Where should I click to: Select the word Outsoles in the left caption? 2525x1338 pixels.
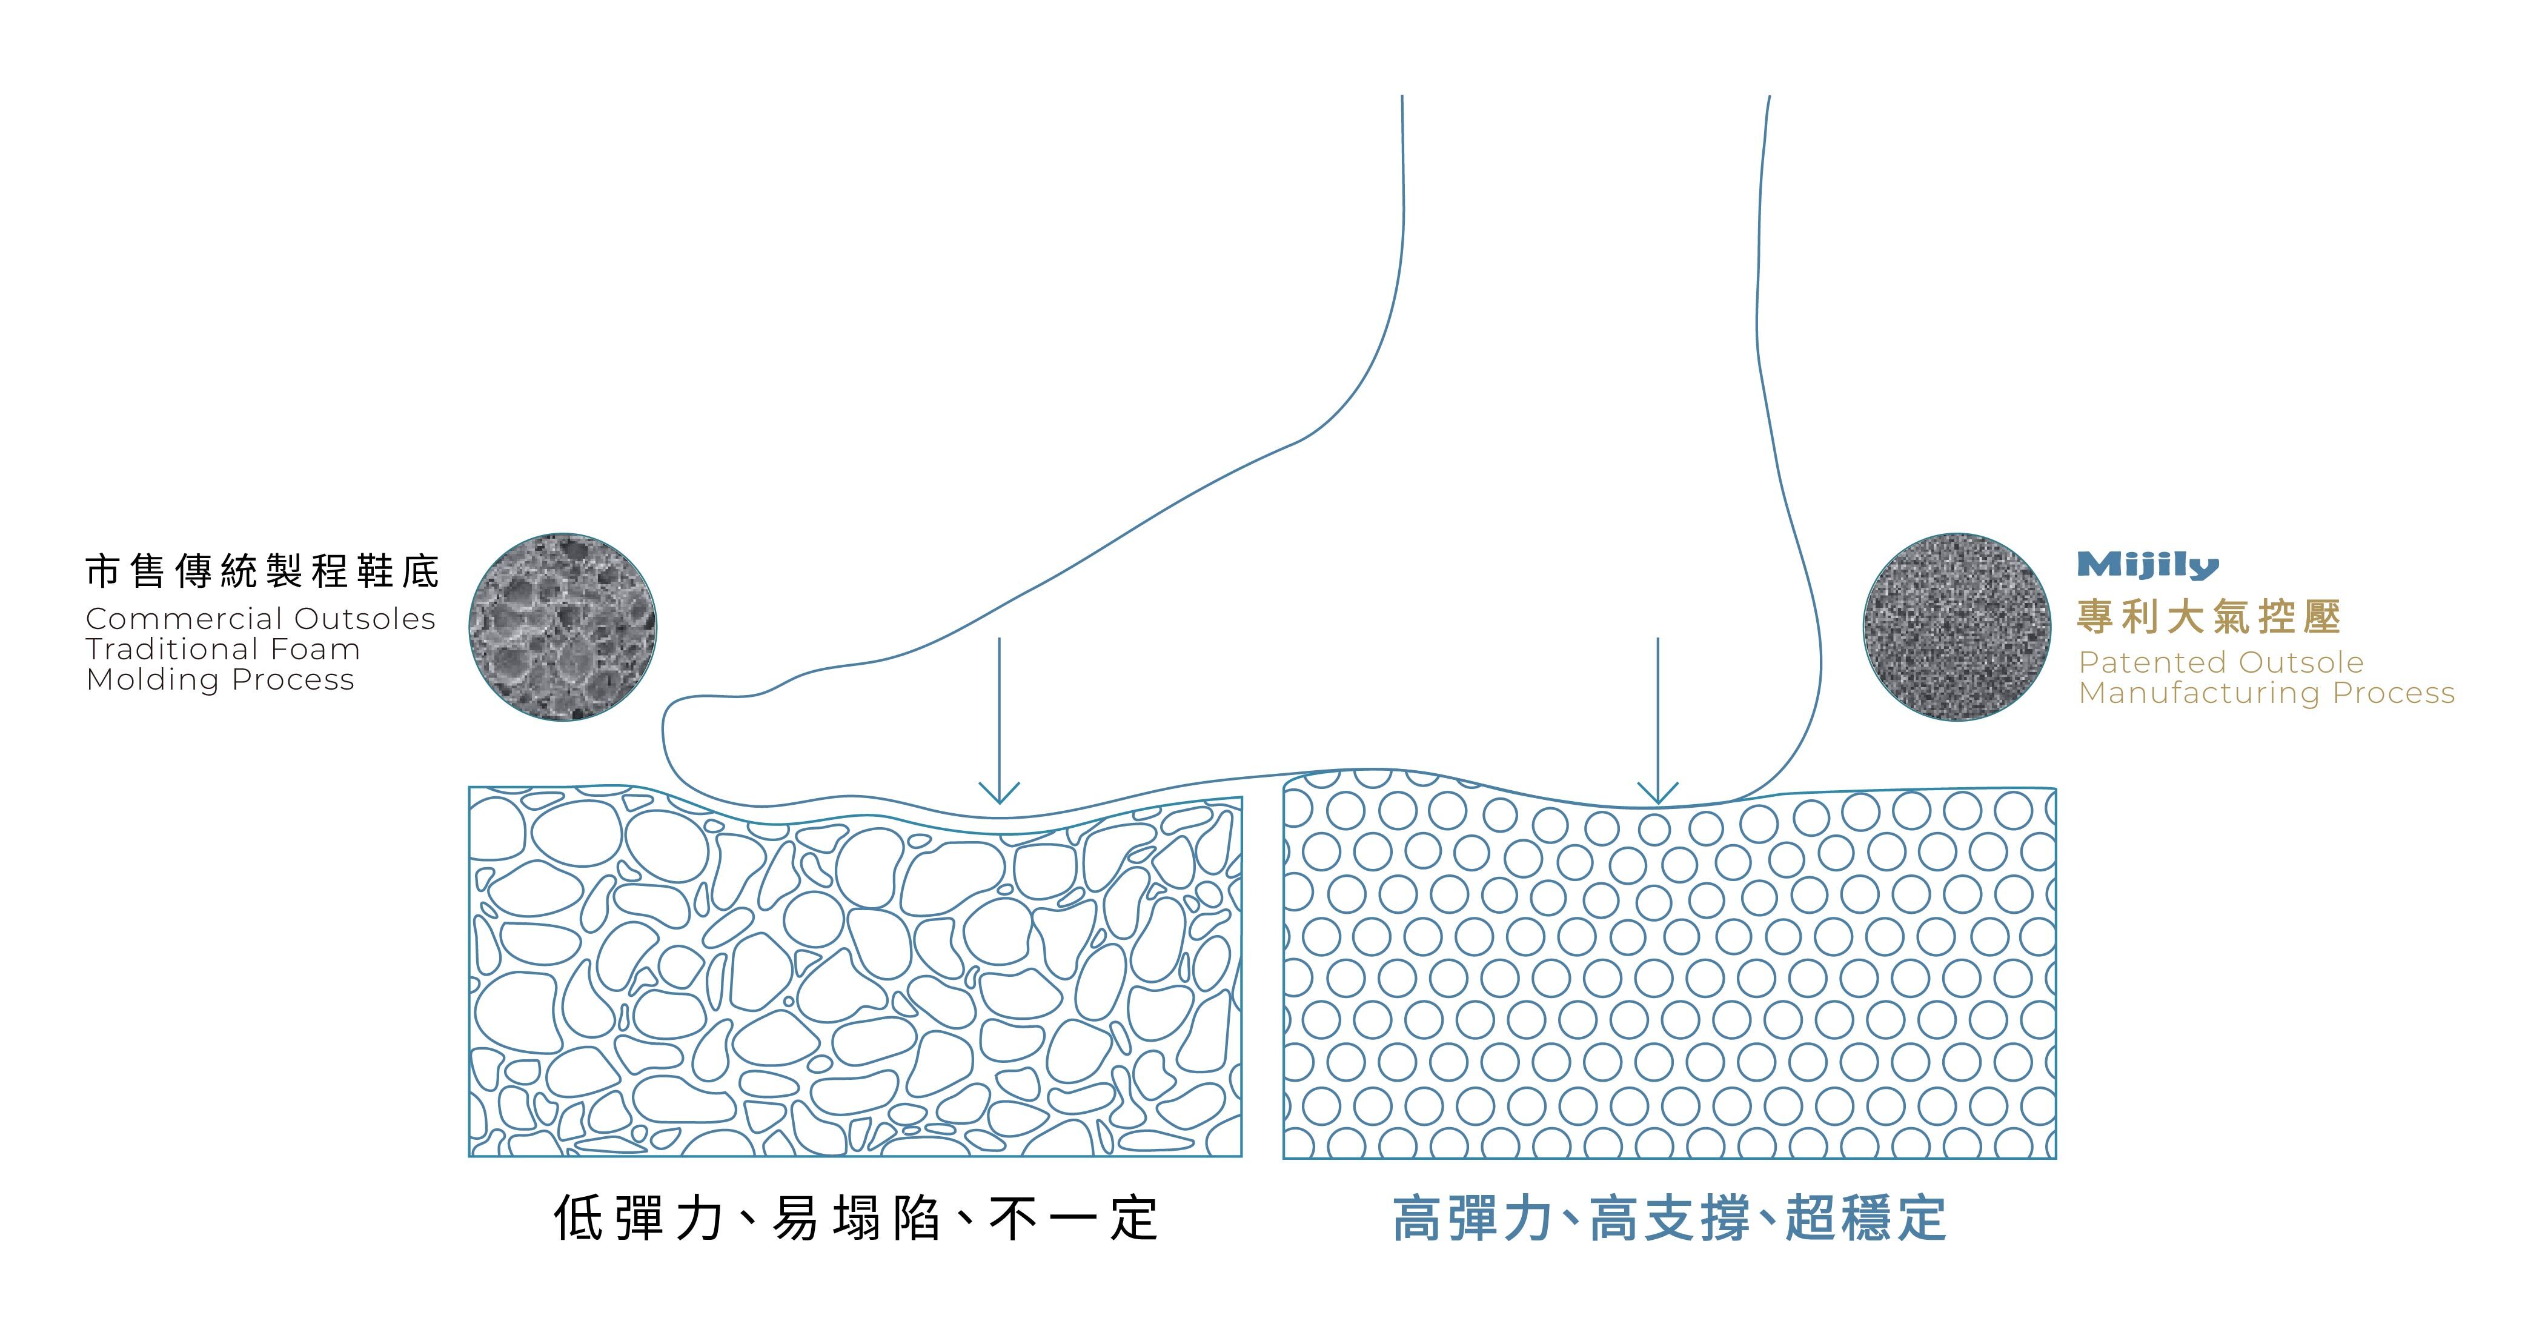point(365,619)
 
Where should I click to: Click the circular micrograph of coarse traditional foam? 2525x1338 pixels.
point(563,627)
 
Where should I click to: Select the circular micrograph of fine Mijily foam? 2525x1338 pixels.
point(1957,627)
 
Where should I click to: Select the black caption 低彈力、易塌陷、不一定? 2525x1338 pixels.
point(855,1219)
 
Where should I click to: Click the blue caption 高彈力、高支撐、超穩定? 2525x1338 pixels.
point(1668,1219)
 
